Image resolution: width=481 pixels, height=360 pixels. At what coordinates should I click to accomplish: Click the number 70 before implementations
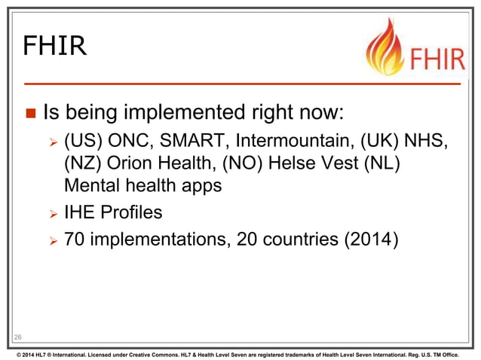(75, 240)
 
